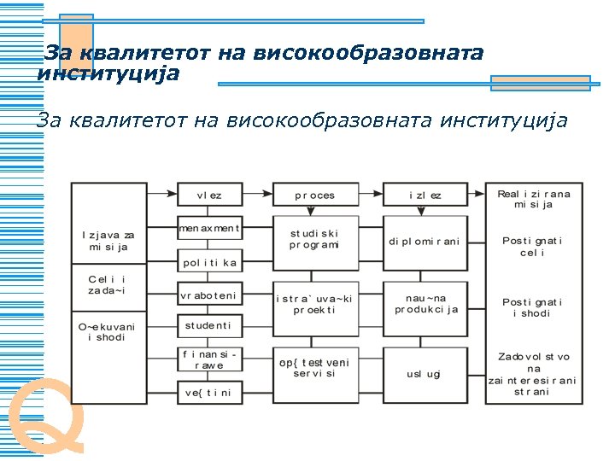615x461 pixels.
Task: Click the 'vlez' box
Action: [x=209, y=195]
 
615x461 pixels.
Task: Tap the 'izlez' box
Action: [x=425, y=195]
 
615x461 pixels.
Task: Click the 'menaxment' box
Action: [x=209, y=229]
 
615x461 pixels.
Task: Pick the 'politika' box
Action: [x=209, y=262]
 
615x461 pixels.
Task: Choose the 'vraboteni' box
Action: [x=209, y=295]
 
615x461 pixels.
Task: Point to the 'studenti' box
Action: [x=209, y=325]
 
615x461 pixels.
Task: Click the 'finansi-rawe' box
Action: [x=209, y=359]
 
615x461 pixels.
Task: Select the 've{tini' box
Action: [x=209, y=392]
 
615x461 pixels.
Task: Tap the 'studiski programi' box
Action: [x=314, y=238]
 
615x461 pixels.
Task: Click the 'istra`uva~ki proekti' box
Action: [x=314, y=303]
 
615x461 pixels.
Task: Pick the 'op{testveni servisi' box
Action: [x=314, y=368]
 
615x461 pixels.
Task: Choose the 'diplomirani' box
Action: [x=425, y=242]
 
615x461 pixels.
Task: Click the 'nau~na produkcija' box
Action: [x=425, y=303]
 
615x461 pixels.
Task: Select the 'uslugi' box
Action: [x=425, y=374]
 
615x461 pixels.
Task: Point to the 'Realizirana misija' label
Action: [x=534, y=199]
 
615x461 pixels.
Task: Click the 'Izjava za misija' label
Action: [x=108, y=240]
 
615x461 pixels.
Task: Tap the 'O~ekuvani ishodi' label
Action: [x=108, y=331]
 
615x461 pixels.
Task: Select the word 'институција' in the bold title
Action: [x=108, y=74]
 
